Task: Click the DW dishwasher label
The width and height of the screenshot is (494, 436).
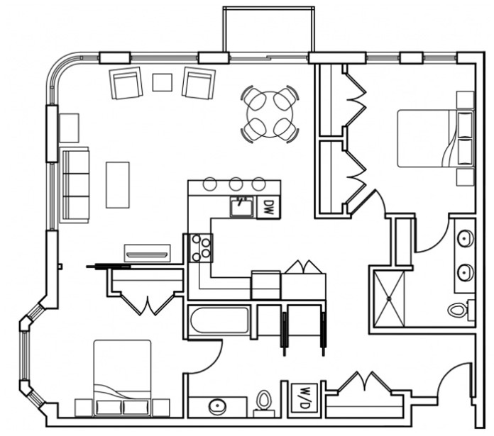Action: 268,207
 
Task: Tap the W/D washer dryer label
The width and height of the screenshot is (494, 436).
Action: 304,398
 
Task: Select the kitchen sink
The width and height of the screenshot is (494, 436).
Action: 241,207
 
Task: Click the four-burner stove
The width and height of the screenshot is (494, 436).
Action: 201,248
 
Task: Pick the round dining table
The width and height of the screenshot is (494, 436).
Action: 270,115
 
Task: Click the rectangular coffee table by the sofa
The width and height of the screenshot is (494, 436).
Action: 118,185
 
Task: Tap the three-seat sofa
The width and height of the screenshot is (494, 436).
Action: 75,184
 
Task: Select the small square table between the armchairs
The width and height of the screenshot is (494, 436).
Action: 163,82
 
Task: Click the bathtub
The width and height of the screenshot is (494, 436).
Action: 219,320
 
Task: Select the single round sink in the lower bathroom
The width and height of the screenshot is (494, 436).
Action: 218,406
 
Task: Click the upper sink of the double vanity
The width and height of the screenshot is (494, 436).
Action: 466,239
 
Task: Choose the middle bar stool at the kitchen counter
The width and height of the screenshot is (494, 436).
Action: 236,184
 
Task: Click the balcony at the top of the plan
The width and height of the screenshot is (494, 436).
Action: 268,30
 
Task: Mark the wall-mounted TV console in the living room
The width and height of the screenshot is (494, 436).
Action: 148,253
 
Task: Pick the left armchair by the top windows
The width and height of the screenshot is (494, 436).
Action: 126,83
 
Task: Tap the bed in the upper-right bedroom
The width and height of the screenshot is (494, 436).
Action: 435,138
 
